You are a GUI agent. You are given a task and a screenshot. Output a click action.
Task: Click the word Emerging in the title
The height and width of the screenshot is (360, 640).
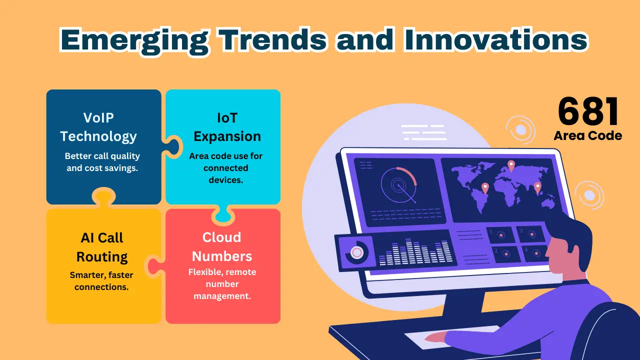[134, 40]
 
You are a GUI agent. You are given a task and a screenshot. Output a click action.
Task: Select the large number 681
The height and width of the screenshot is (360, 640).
[588, 111]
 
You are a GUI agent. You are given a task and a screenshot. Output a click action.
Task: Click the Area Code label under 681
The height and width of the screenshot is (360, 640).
[588, 136]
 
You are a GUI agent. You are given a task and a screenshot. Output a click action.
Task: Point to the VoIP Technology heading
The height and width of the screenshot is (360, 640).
[98, 127]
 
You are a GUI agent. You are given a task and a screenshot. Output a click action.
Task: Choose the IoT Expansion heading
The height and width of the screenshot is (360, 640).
[227, 127]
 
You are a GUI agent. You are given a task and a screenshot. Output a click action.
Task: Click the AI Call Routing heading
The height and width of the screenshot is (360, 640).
[102, 247]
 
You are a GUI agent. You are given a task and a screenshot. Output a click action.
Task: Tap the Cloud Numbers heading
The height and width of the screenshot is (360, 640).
[221, 247]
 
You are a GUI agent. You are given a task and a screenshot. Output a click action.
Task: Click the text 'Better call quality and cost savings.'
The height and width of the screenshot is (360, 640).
[102, 162]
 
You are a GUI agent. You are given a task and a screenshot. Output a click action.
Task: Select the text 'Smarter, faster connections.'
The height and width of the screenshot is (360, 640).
[101, 281]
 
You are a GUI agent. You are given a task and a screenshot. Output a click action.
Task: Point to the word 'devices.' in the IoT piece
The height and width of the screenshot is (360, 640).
[225, 180]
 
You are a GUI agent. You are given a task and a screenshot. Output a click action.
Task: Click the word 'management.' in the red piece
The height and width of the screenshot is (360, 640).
[222, 296]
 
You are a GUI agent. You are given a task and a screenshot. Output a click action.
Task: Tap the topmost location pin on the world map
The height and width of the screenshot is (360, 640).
[511, 165]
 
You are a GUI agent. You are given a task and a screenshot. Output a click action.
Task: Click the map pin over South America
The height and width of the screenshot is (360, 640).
[485, 188]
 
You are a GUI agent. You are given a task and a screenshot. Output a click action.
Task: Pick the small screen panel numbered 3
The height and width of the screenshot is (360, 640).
[529, 233]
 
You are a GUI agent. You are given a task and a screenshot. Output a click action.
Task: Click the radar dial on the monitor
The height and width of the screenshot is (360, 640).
[399, 185]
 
